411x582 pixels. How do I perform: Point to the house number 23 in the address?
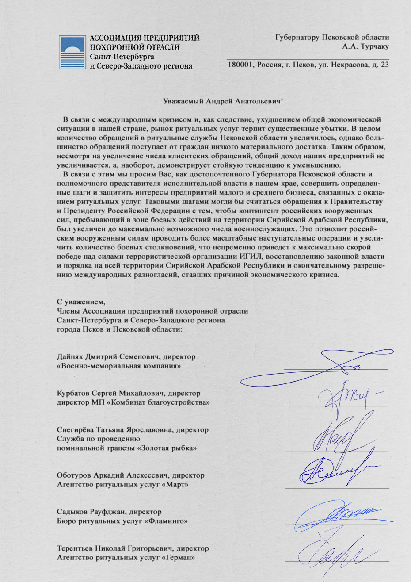384,65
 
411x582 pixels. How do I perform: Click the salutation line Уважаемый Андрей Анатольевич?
223,101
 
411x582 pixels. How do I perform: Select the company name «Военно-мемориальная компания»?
119,366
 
